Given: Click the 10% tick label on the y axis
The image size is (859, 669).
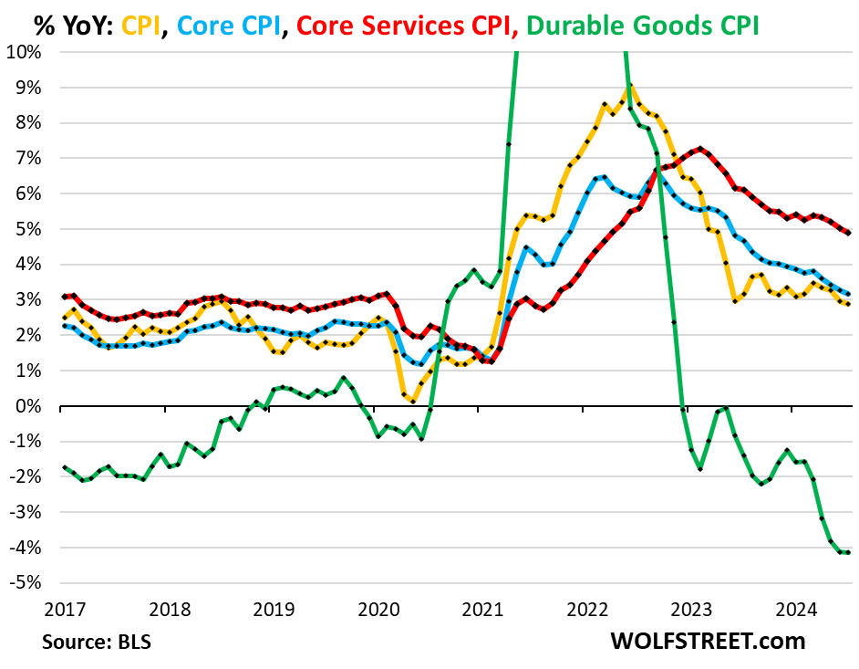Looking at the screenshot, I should pos(26,52).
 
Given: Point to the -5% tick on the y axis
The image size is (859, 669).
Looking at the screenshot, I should pos(27,583).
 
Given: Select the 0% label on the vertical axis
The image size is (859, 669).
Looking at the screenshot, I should pos(31,406).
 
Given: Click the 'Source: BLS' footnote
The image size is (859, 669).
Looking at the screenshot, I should pos(97,642).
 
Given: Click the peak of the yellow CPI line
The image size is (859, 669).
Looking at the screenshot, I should pos(627,87).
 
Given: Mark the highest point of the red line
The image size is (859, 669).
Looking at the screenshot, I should pos(699,148).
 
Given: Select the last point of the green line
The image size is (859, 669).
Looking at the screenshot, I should pos(849,552).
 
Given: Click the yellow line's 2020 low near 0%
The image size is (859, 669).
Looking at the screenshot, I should pos(413,401).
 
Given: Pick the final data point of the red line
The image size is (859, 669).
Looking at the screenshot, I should pos(849,233).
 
